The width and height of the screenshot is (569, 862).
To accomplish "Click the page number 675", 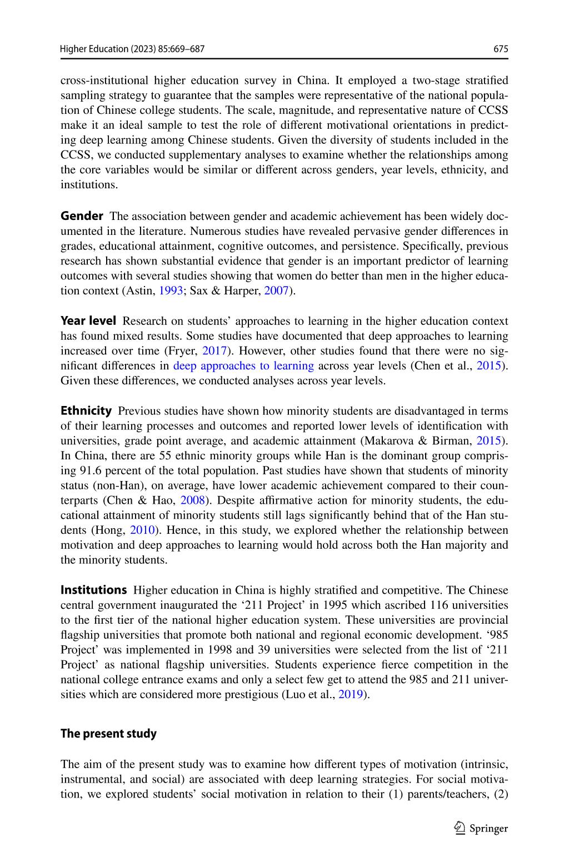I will (501, 49).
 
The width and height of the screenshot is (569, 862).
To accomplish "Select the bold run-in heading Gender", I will (82, 216).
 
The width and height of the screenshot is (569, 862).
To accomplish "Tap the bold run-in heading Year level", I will (88, 320).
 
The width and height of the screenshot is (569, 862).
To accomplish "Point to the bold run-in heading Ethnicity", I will (86, 411).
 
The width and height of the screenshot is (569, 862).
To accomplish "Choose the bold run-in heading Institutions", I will (94, 590).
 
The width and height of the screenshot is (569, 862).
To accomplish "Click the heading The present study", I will (108, 734).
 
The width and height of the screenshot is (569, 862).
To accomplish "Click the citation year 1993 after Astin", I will (171, 290).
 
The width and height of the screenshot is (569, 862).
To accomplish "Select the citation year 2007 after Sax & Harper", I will (276, 290).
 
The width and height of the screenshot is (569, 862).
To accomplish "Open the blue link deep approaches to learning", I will (243, 365).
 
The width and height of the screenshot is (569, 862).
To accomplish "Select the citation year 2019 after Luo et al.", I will (351, 694).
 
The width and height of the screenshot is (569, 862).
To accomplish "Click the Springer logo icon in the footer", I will (460, 829).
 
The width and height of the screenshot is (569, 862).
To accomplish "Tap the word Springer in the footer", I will (489, 829).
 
